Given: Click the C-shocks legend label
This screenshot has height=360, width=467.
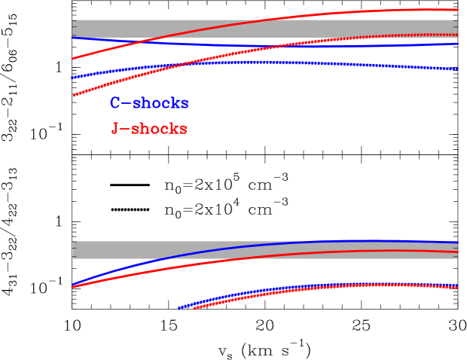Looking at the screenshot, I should tap(148, 103).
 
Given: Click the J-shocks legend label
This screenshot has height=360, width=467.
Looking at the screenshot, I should tap(149, 129).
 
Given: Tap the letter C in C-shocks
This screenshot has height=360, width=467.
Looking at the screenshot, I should tap(115, 103).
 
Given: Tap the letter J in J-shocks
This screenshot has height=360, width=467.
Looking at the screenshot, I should tap(115, 129).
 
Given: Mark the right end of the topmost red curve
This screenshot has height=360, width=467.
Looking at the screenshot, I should tap(457, 10).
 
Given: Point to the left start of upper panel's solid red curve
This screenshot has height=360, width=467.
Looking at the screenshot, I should tap(72, 58).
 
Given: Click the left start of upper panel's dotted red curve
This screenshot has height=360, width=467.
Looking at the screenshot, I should tap(73, 96).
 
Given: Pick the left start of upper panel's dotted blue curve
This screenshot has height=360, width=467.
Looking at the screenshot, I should tap(72, 78).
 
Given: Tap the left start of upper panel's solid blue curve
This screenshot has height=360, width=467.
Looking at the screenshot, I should tap(72, 36).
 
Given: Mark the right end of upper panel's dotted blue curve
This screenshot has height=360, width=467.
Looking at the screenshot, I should tap(457, 69).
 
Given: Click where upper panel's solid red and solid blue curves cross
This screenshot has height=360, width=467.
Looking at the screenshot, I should tap(151, 41).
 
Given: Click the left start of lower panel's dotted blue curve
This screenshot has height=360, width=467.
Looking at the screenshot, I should tap(179, 308).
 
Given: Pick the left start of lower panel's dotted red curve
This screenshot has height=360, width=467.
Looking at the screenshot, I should tap(194, 308).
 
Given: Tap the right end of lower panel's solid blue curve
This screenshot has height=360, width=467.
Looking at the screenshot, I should tap(457, 242).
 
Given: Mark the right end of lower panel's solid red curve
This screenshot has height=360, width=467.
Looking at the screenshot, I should tap(457, 252).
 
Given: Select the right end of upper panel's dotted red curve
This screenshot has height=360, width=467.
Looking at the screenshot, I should tap(457, 35).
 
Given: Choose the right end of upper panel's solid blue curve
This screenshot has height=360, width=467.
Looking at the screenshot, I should tap(457, 44).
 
